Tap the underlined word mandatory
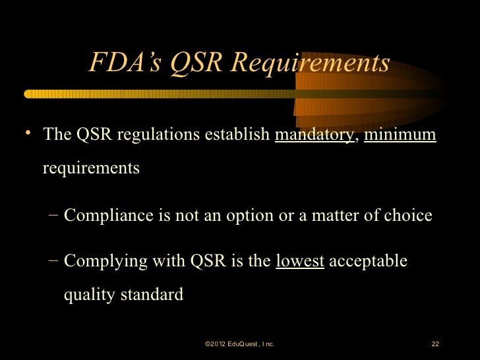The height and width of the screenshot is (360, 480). click(x=313, y=135)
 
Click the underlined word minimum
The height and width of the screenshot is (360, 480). click(x=400, y=135)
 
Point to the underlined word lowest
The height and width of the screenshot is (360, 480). click(x=300, y=261)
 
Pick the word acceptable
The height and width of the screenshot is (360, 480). click(x=368, y=262)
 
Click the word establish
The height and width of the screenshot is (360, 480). click(x=238, y=135)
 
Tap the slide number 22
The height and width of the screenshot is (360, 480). click(x=435, y=344)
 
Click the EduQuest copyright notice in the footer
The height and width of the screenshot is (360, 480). click(x=239, y=344)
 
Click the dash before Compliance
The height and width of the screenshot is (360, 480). click(x=53, y=215)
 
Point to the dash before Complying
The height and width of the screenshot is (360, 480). click(x=53, y=261)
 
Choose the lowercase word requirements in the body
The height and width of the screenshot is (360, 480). click(x=91, y=168)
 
